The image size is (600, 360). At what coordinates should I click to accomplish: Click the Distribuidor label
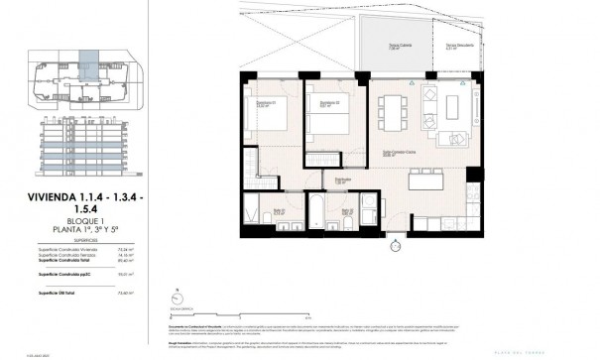[341, 180]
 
